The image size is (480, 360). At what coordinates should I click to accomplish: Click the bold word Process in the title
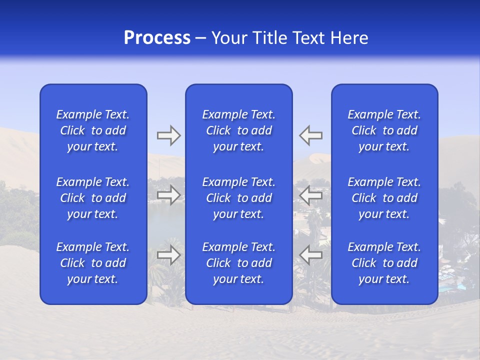pos(157,38)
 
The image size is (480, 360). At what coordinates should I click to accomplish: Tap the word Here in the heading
pos(350,38)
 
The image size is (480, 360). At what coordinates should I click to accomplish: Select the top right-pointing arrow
pos(168,135)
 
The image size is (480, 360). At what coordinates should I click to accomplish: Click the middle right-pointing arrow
pos(168,195)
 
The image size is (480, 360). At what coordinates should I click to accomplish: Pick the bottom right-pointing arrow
pos(168,255)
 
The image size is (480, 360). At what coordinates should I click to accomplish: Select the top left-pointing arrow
pos(310,135)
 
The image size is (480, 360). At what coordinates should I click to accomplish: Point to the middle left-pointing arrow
pos(310,195)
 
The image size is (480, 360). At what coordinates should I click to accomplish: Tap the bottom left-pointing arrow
pos(310,255)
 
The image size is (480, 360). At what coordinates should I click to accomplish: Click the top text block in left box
pos(93,130)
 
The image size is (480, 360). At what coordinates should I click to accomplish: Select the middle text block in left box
pos(93,198)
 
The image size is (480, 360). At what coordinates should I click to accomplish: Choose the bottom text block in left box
pos(93,263)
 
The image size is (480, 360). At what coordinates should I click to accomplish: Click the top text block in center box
pos(238,130)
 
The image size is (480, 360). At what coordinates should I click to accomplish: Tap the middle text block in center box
pos(238,198)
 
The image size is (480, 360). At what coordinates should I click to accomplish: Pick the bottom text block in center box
pos(238,263)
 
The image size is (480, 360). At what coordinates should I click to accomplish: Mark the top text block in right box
pos(384,130)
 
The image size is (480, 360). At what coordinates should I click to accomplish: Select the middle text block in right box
pos(384,198)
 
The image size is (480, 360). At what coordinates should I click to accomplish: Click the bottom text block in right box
pos(384,263)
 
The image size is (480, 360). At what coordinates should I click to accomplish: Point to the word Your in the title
pos(230,38)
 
